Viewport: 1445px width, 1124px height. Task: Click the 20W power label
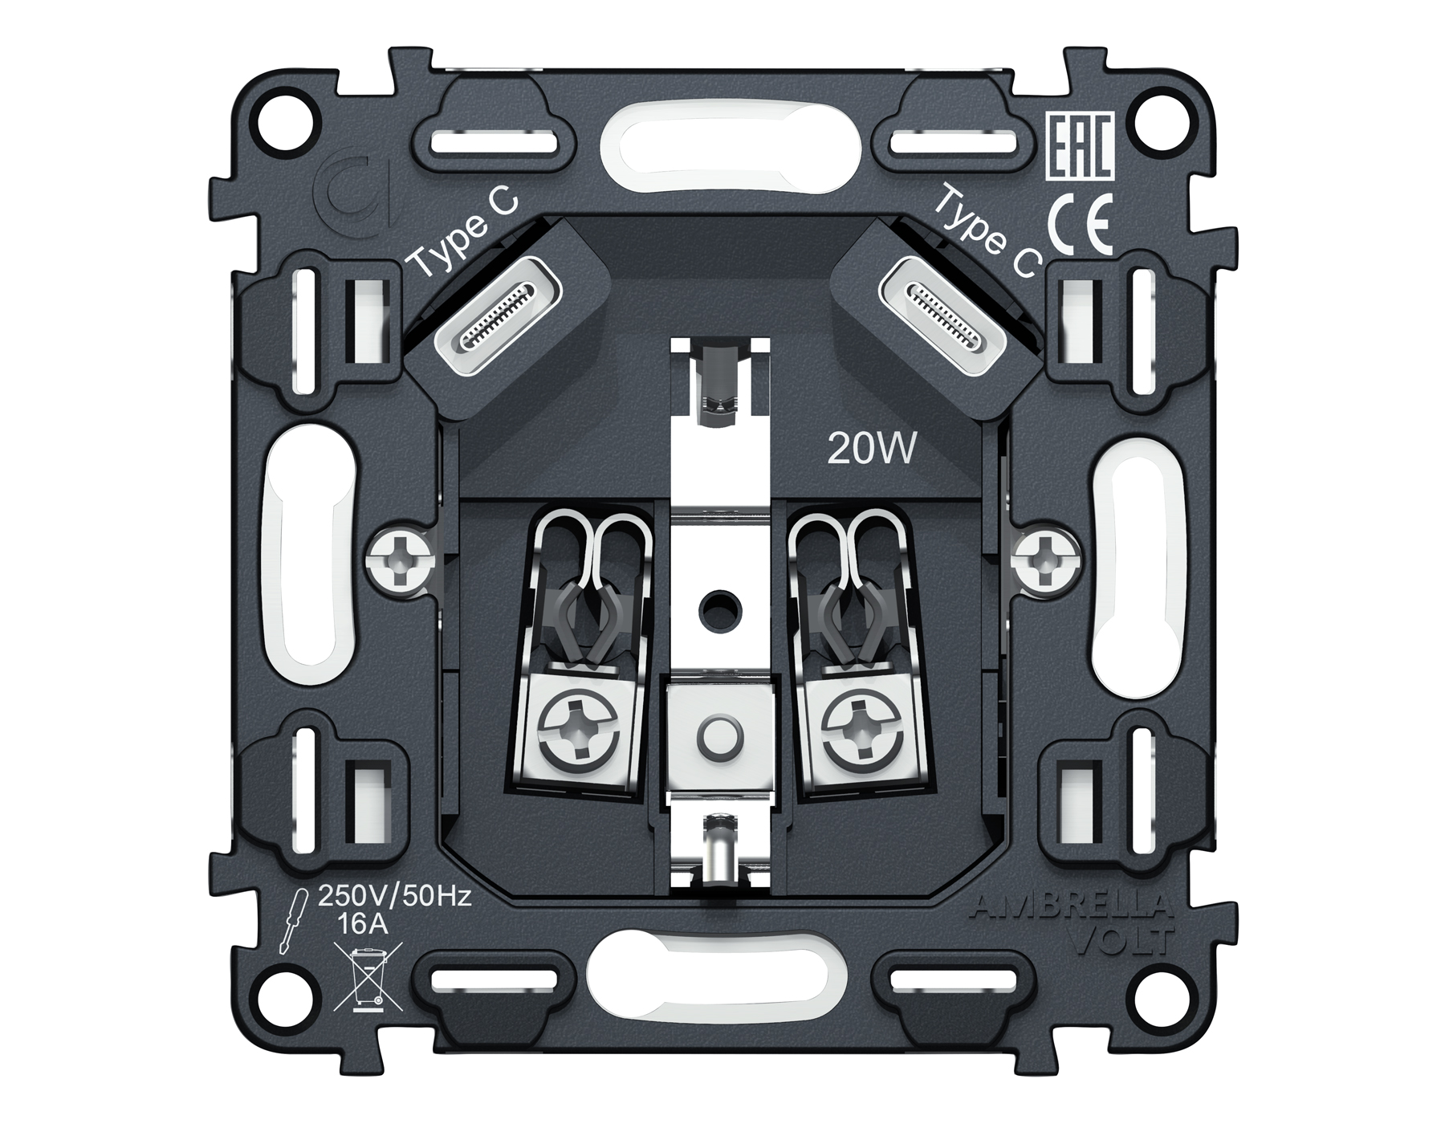click(871, 451)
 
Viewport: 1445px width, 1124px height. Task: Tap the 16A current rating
click(364, 925)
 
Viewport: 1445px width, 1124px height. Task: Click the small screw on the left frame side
click(399, 560)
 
